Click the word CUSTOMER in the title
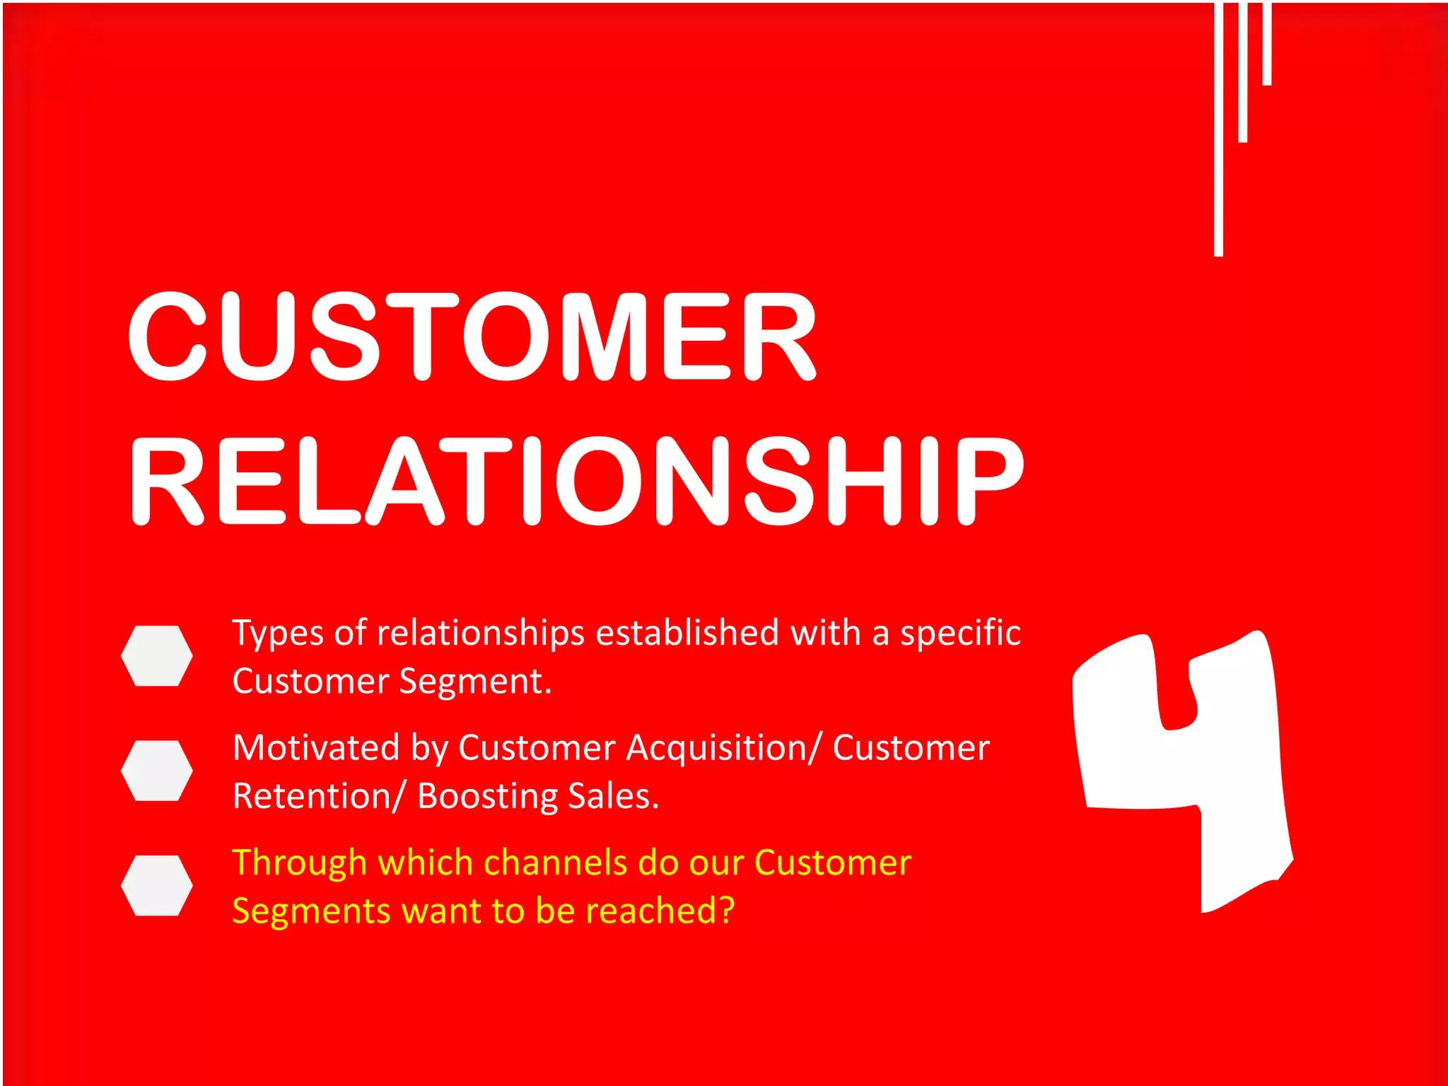click(472, 336)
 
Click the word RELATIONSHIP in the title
click(576, 481)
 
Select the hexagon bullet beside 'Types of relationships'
click(157, 655)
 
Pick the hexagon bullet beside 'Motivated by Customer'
click(157, 771)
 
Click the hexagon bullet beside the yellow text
click(157, 885)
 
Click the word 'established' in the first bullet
click(687, 632)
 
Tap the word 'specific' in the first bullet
click(959, 633)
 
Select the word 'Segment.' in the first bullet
click(475, 682)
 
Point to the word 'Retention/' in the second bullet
click(319, 796)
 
